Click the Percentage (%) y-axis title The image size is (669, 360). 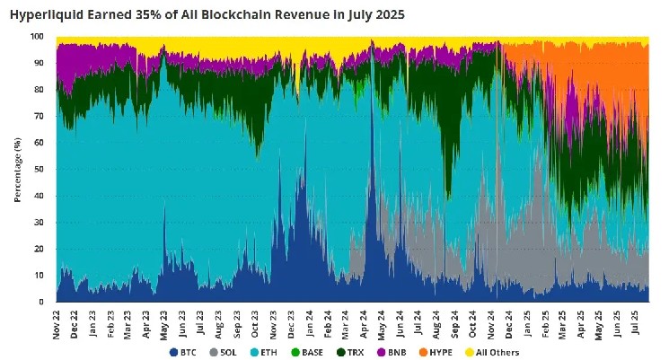tap(18, 169)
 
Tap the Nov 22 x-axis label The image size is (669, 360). tap(57, 320)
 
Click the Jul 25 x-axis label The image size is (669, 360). tap(637, 320)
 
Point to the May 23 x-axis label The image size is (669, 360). tap(165, 320)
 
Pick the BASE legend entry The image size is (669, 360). tap(319, 353)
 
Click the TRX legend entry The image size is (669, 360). tap(364, 353)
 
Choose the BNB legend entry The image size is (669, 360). tap(406, 353)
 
